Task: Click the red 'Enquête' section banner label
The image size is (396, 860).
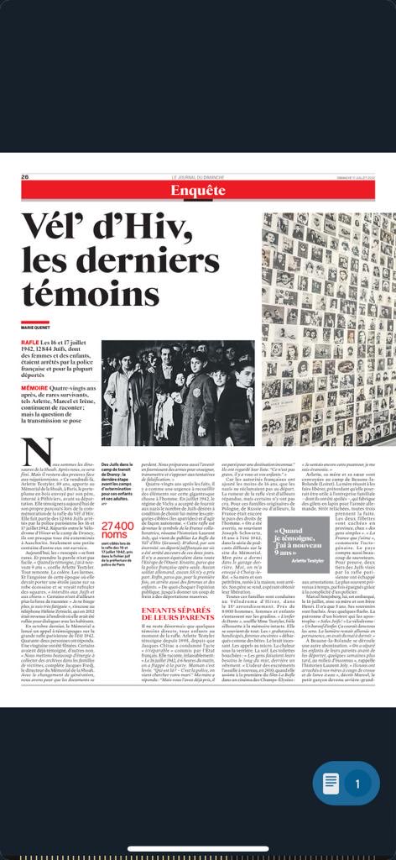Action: pos(198,191)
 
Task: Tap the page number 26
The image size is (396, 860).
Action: pos(25,176)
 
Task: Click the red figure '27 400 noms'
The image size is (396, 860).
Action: pos(117,509)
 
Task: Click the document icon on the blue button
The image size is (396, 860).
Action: pos(332,784)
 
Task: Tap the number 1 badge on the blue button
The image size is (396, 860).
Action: pos(357,784)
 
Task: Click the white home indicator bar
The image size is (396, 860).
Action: pos(198,847)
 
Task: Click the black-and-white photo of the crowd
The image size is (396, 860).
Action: pos(177,392)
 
